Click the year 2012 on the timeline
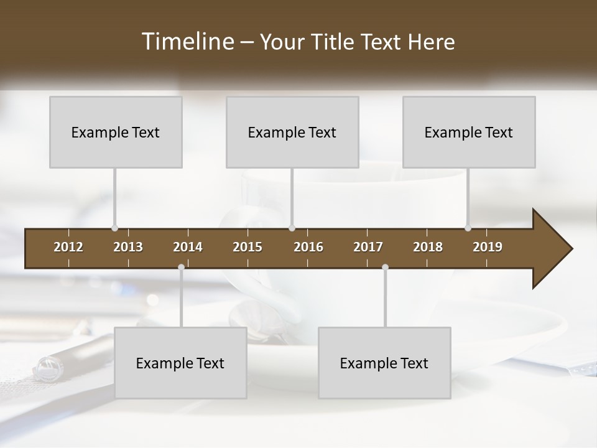point(68,247)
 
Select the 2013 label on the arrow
point(128,247)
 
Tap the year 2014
point(188,247)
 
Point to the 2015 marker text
point(248,247)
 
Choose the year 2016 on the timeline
point(308,247)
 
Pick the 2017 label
point(368,247)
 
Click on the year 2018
point(428,247)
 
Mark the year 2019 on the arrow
point(488,247)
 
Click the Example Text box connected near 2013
point(116,132)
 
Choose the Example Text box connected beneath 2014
point(180,363)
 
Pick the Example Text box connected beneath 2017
point(384,363)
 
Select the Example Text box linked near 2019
point(469,132)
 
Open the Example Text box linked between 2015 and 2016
point(292,132)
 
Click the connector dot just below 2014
point(181,267)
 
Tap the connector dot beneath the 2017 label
point(385,267)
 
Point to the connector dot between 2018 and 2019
point(468,228)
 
